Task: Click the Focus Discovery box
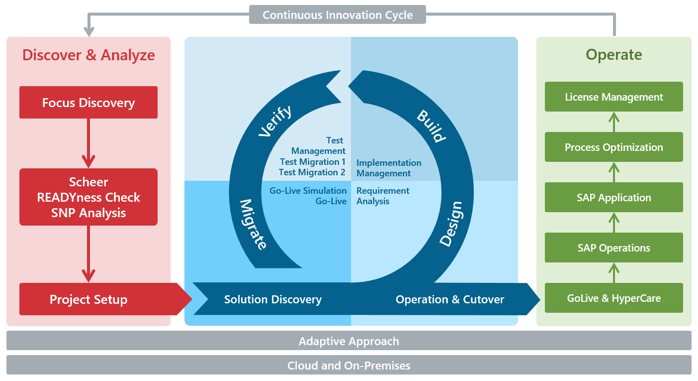click(x=88, y=103)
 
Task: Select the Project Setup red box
click(x=88, y=299)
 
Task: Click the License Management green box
click(x=613, y=97)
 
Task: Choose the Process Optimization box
click(x=613, y=147)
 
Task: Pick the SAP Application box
click(x=613, y=198)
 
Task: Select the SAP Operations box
click(x=613, y=248)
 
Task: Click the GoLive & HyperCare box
click(x=613, y=298)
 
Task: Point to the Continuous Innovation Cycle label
click(x=338, y=15)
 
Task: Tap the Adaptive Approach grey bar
click(x=349, y=341)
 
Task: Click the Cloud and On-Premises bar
click(x=349, y=366)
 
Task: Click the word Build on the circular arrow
click(x=431, y=126)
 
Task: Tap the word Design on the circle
click(x=451, y=224)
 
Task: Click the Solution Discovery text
click(x=272, y=299)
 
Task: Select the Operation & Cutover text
click(x=449, y=299)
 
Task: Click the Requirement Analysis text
click(x=383, y=196)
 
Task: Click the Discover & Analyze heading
click(x=88, y=55)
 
